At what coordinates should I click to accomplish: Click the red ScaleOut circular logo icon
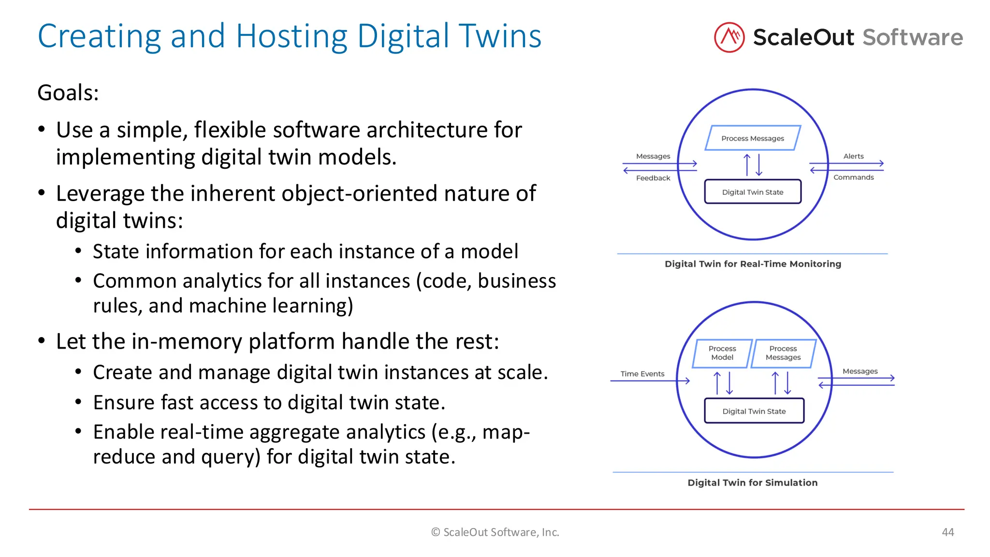pos(729,37)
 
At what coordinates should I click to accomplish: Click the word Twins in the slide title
pos(500,36)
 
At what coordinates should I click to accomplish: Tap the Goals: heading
pos(68,93)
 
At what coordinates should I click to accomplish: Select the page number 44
pos(947,532)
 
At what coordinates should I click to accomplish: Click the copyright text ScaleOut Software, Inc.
pos(495,532)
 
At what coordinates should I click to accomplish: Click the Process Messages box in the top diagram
pos(753,138)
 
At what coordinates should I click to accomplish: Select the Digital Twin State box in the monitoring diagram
pos(753,192)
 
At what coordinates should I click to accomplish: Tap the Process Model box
pos(722,353)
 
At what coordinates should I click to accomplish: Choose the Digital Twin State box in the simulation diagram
pos(754,411)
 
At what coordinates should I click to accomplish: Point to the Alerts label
pos(853,156)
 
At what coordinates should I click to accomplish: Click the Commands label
pos(853,177)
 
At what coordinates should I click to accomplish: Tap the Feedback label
pos(653,178)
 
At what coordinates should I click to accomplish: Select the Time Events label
pos(642,374)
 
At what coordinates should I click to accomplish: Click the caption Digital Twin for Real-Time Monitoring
pos(753,264)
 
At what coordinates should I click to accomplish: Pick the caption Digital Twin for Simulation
pos(753,483)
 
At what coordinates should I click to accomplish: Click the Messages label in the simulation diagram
pos(860,371)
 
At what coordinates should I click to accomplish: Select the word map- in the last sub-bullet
pos(506,432)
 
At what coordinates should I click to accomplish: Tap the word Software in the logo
pos(913,37)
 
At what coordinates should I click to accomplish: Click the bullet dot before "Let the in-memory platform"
pos(42,341)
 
